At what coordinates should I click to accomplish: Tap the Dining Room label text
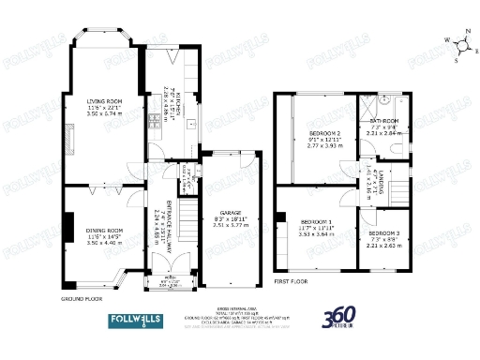click(x=104, y=234)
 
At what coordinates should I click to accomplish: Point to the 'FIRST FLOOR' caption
click(x=292, y=280)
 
